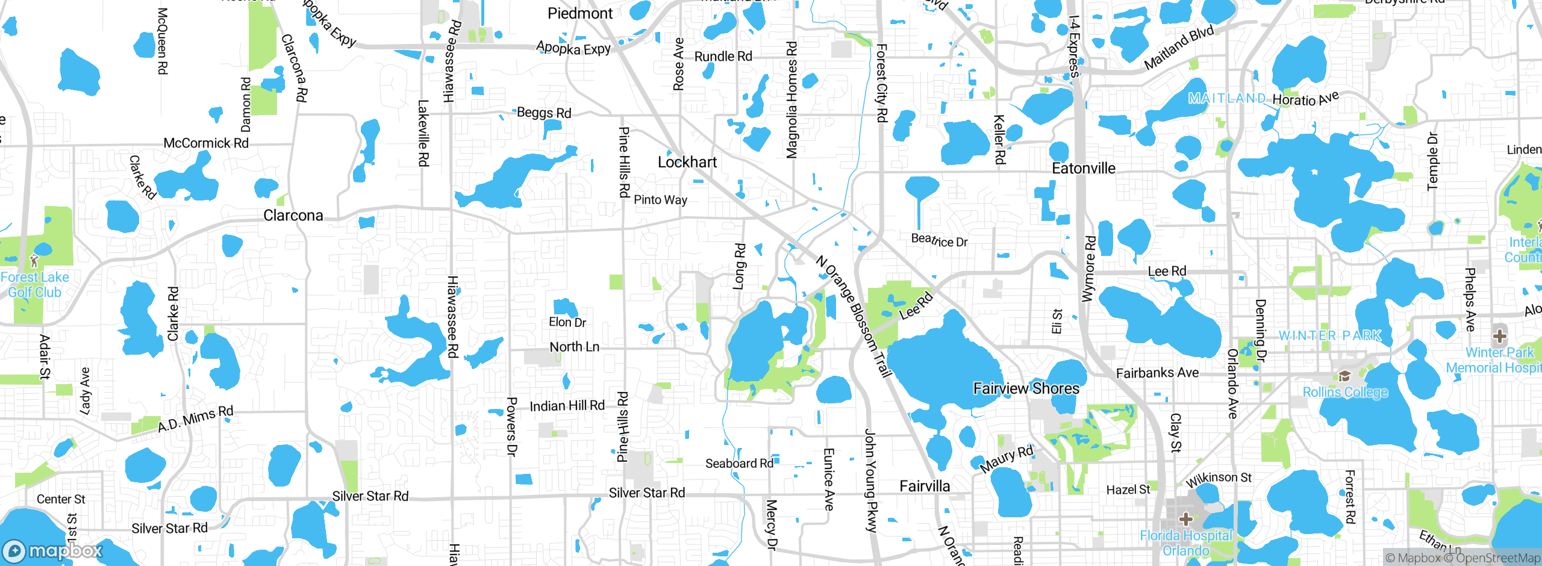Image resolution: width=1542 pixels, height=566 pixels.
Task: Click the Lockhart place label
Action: pyautogui.click(x=687, y=162)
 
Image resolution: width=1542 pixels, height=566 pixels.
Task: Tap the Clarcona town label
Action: pyautogui.click(x=293, y=216)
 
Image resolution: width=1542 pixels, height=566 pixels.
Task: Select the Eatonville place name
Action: pyautogui.click(x=1084, y=169)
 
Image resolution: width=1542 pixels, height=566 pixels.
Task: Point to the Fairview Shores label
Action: pyautogui.click(x=1026, y=388)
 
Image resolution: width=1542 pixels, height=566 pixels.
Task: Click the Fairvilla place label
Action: pyautogui.click(x=925, y=486)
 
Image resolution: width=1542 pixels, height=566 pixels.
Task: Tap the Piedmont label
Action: pyautogui.click(x=580, y=13)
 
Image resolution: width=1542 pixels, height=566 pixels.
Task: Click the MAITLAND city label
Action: pyautogui.click(x=1227, y=98)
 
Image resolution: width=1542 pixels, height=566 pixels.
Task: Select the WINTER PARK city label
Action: pyautogui.click(x=1330, y=335)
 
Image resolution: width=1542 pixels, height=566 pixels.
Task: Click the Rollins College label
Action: pyautogui.click(x=1345, y=392)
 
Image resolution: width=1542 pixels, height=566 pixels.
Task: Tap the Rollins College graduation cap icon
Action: pyautogui.click(x=1344, y=376)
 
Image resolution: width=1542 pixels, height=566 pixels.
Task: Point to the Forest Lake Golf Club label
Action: pyautogui.click(x=35, y=285)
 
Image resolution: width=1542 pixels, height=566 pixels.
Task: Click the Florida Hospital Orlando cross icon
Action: pyautogui.click(x=1185, y=518)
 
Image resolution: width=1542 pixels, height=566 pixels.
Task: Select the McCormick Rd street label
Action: pyautogui.click(x=206, y=143)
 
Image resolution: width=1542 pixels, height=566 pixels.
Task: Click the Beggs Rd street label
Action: pyautogui.click(x=544, y=113)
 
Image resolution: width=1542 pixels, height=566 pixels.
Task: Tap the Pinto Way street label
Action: pyautogui.click(x=660, y=200)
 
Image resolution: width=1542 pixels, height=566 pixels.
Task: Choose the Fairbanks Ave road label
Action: pyautogui.click(x=1157, y=373)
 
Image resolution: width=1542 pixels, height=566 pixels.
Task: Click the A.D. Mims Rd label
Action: pyautogui.click(x=195, y=418)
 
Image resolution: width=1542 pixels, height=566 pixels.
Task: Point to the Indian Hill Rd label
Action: pyautogui.click(x=567, y=406)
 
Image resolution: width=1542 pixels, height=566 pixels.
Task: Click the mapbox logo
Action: pyautogui.click(x=53, y=551)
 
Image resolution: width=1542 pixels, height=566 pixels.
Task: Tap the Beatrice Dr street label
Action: pyautogui.click(x=939, y=240)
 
